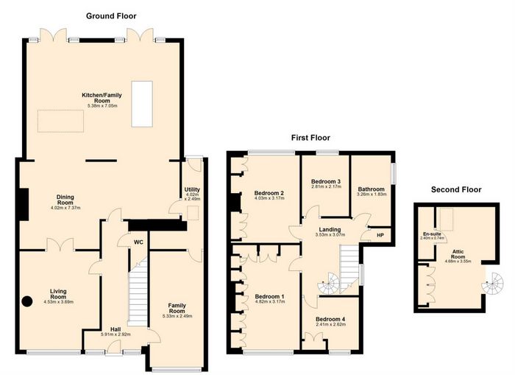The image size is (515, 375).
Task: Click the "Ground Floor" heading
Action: [111, 15]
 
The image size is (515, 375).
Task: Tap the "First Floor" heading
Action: [310, 138]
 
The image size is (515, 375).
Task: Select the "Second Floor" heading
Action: [456, 189]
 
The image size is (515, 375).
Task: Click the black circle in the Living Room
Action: [27, 301]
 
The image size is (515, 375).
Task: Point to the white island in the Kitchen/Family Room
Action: [142, 104]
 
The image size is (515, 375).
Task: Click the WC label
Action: [138, 242]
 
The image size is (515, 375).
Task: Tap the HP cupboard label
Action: [380, 236]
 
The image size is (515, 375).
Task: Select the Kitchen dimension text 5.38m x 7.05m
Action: [102, 106]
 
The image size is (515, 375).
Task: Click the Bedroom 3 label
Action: [325, 181]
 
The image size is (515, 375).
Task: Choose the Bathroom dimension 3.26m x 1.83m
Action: [372, 194]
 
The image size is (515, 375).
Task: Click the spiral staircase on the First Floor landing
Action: [329, 283]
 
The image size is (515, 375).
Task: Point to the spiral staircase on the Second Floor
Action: [492, 283]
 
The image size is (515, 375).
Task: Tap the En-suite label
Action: [432, 234]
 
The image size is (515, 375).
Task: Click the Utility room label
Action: [192, 190]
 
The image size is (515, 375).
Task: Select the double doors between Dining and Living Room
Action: [60, 245]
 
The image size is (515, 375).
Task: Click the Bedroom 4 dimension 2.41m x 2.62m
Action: [330, 324]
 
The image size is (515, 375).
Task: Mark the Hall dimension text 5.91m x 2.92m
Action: [116, 334]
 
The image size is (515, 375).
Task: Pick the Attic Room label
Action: [458, 254]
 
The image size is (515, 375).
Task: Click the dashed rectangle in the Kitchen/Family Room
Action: [60, 121]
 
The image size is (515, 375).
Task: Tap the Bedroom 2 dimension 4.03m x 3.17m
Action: [269, 198]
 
